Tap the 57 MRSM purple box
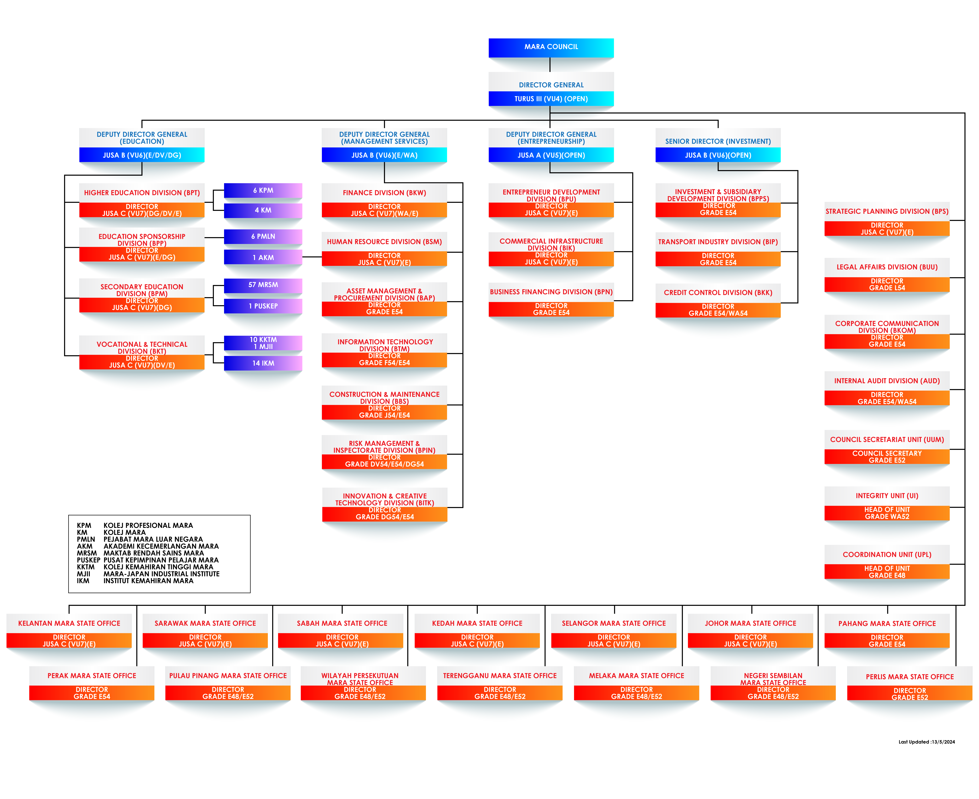tap(263, 285)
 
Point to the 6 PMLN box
tap(263, 237)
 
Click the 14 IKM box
tap(263, 363)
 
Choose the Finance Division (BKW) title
tap(384, 193)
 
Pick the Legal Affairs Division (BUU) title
tap(886, 267)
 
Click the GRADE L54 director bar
tap(886, 284)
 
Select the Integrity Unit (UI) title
tap(886, 496)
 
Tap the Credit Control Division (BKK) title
tap(718, 293)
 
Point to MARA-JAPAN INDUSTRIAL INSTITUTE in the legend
tap(161, 574)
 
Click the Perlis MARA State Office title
tap(909, 677)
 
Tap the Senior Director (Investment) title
tap(718, 141)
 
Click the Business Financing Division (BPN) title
tap(551, 292)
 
